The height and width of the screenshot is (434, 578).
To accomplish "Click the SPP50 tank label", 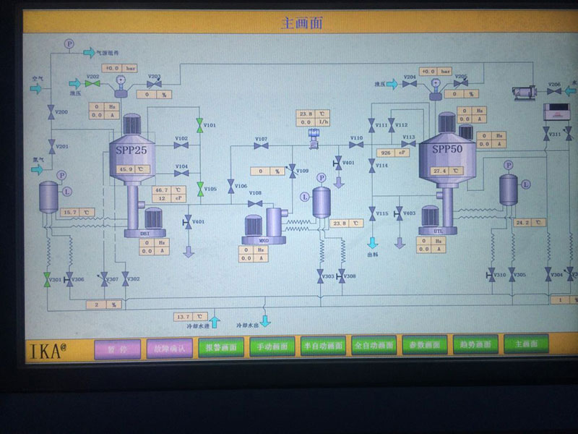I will click(x=447, y=149).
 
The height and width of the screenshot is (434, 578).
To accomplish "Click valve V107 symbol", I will click(x=261, y=146).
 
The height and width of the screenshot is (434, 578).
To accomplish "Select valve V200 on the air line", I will click(x=51, y=111).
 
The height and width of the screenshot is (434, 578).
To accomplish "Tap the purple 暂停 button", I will click(x=116, y=346).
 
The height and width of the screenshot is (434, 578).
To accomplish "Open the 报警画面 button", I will click(x=221, y=346).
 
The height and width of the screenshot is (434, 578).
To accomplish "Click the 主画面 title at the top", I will click(x=301, y=22).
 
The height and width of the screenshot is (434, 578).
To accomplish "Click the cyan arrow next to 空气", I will click(x=35, y=88).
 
